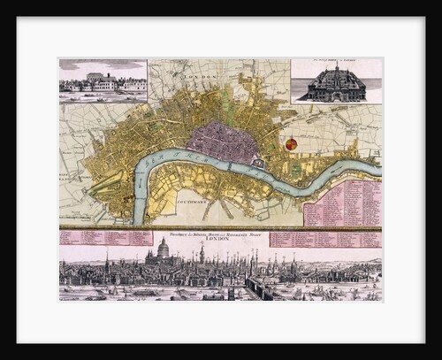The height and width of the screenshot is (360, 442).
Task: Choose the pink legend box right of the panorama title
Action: click(x=325, y=238)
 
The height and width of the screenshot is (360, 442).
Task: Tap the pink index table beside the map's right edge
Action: click(x=342, y=202)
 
